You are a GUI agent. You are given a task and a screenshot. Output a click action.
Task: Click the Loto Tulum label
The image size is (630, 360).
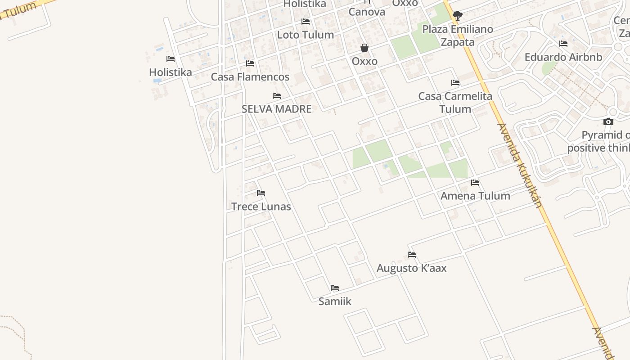[305, 35]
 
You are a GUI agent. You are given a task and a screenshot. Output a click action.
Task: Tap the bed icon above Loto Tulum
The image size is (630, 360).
[306, 22]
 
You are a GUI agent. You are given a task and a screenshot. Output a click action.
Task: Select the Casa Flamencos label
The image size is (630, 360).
[250, 77]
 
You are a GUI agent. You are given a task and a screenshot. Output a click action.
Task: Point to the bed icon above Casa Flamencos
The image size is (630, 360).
[250, 63]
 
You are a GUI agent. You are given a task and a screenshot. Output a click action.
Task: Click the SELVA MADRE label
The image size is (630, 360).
[276, 109]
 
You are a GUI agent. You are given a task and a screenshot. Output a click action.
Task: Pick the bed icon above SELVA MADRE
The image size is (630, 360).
[277, 96]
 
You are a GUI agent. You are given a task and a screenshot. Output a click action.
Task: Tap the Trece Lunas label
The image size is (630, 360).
[261, 207]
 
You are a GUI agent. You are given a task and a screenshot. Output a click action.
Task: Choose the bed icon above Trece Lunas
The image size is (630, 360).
[261, 193]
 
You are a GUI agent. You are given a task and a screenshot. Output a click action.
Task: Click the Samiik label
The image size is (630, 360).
[335, 301]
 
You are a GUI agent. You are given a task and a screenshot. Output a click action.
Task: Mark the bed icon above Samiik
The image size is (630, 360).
[335, 288]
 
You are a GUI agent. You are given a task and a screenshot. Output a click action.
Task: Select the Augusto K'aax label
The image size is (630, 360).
[411, 268]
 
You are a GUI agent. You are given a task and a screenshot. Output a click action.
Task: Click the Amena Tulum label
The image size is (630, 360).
[475, 196]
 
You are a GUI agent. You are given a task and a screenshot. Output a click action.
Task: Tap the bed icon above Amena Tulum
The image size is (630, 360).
[475, 183]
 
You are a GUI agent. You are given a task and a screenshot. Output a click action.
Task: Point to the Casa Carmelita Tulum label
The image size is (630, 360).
[455, 103]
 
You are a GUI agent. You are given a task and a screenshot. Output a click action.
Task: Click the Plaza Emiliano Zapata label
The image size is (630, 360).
[458, 36]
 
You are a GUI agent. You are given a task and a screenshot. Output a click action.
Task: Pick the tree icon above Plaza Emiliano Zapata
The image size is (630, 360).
[458, 16]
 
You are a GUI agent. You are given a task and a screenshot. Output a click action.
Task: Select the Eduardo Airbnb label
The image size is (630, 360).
[563, 57]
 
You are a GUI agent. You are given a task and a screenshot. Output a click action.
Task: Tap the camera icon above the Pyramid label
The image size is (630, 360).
[608, 121]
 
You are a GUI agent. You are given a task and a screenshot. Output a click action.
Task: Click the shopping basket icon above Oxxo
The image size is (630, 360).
[364, 48]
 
